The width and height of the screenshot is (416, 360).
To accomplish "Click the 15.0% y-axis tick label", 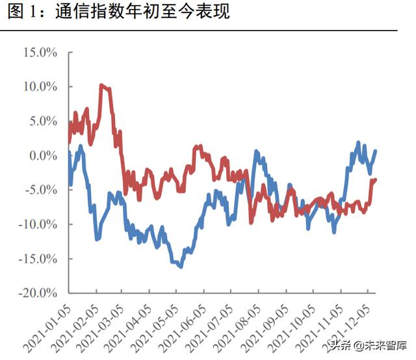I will click(x=40, y=53).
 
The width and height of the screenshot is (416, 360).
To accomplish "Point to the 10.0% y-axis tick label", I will click(x=40, y=87).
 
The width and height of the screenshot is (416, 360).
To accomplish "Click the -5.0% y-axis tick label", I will click(x=41, y=190).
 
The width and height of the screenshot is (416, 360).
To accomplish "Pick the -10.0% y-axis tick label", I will click(x=38, y=225).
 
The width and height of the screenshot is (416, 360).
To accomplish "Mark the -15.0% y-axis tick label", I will click(x=38, y=259).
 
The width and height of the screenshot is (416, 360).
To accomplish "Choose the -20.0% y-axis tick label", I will click(x=38, y=294).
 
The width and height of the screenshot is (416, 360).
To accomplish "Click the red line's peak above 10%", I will click(x=101, y=84).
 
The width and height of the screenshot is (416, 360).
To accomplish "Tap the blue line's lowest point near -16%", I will click(x=180, y=266).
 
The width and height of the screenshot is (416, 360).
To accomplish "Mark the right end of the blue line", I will click(x=376, y=151).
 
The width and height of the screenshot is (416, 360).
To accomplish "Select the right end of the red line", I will click(x=376, y=179).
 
